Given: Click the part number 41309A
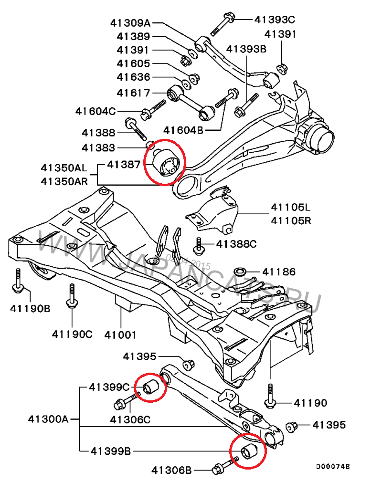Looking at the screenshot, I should coord(130,22).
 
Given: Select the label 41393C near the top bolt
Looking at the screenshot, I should coord(275,20).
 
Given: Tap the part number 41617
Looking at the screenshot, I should coord(133,93).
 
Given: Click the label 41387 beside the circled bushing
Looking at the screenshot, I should coord(124,165).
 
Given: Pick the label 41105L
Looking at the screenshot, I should coord(290,208).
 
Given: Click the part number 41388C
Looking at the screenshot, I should coord(236,244).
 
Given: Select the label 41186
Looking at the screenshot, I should coord(279,272).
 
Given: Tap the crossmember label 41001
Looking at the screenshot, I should coord(120,335).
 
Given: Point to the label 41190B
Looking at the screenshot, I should coord(30,308).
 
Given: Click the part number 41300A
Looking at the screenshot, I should coord(48,420).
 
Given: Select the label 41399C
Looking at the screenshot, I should coord(109,387).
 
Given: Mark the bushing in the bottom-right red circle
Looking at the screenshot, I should coord(249,451).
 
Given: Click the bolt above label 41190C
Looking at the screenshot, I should coord(72,295).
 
